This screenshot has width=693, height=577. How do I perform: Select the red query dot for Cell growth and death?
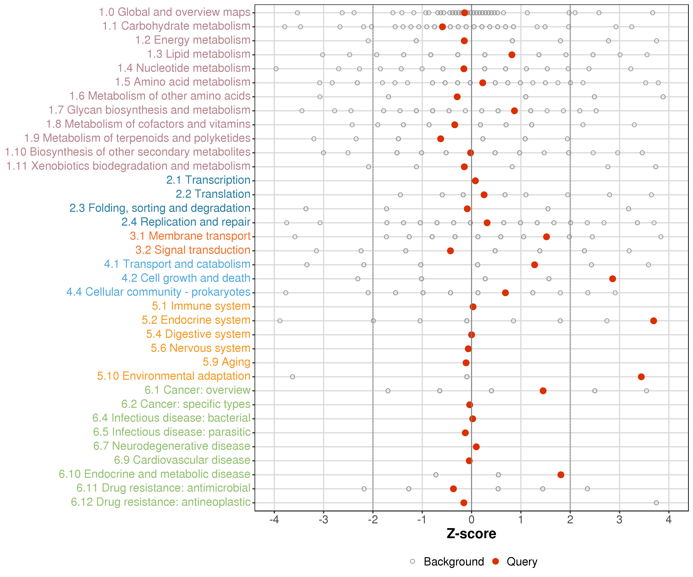click(x=613, y=279)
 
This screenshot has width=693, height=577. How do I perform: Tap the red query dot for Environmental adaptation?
click(x=641, y=377)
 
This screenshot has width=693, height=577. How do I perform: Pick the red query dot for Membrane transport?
click(x=547, y=237)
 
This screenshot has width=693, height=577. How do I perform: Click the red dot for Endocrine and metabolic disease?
click(x=561, y=475)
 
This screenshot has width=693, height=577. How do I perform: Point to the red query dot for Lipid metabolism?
click(x=512, y=55)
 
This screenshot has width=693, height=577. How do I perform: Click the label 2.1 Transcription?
click(x=208, y=180)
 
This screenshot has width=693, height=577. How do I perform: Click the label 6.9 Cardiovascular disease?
click(x=182, y=460)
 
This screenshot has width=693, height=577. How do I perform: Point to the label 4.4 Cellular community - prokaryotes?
click(x=158, y=292)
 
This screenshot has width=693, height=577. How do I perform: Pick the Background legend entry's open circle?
click(x=413, y=561)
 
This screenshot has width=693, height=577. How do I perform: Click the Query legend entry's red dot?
click(x=495, y=561)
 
